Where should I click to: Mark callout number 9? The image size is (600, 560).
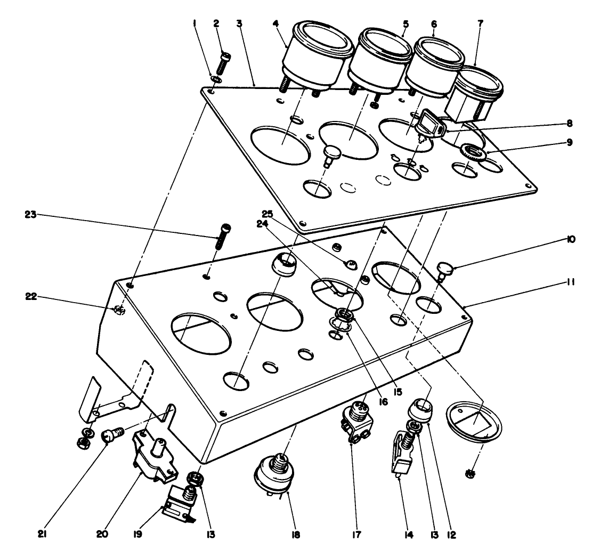pos(570,143)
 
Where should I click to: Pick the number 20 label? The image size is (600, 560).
pos(102,533)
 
